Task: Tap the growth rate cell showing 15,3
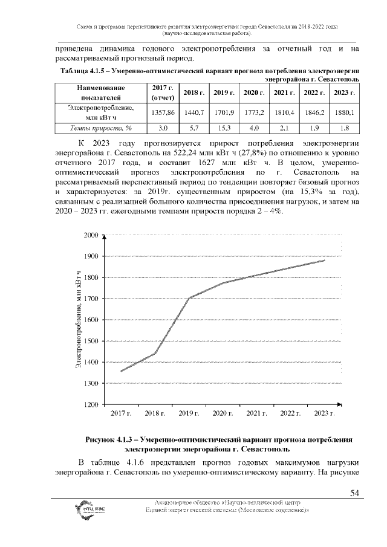point(223,129)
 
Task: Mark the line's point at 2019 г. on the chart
point(189,298)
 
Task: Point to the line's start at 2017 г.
point(121,371)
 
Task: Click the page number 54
point(355,494)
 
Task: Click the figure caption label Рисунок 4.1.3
point(115,440)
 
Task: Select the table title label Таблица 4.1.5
point(85,71)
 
